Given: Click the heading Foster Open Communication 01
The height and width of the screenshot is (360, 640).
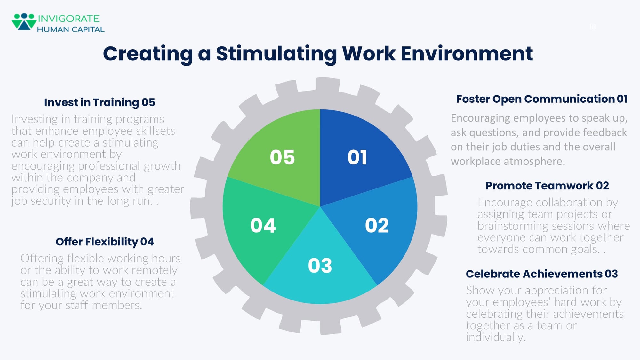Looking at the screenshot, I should click(541, 99).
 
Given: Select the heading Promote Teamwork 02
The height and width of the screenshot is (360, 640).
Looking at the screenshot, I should click(547, 186).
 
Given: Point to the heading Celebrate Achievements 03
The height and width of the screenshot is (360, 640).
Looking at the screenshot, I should click(541, 274).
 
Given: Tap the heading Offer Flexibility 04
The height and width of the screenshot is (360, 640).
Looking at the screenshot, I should click(105, 242).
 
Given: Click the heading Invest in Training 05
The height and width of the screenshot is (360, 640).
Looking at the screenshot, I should click(100, 103).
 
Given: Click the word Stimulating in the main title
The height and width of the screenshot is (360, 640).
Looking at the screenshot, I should click(276, 53).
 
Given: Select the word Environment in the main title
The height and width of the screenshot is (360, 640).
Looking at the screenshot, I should click(467, 53).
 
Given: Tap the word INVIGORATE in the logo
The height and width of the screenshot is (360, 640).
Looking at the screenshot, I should click(68, 19).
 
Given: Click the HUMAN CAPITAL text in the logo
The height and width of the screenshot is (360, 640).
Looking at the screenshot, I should click(71, 29).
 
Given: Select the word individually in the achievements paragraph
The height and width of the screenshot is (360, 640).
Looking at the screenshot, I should click(495, 337).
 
